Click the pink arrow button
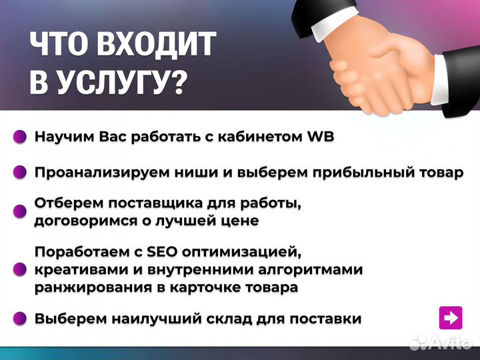(x=451, y=317)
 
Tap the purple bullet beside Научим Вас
(x=21, y=137)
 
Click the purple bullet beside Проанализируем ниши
(x=21, y=172)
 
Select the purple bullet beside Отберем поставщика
(x=21, y=211)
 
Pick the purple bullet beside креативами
(x=21, y=270)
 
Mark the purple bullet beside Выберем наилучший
(x=21, y=319)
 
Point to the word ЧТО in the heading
(x=60, y=45)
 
